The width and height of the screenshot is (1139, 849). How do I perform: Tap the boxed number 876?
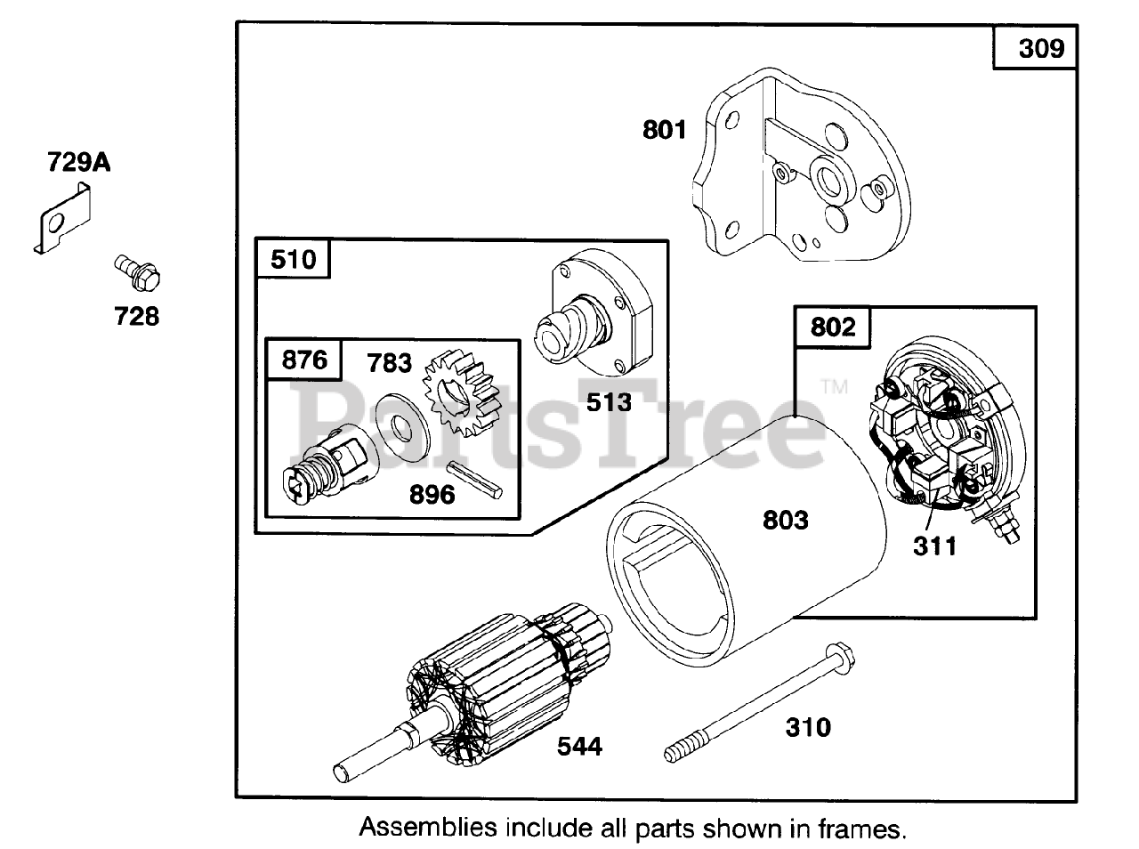304,360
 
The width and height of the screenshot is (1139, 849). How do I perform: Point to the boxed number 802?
833,327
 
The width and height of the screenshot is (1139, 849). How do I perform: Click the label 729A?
78,162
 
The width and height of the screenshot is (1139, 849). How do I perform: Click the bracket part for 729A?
64,219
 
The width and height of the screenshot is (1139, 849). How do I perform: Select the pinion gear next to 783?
460,392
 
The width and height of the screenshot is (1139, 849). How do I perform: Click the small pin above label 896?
471,475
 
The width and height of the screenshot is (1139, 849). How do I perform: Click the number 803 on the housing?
785,519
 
